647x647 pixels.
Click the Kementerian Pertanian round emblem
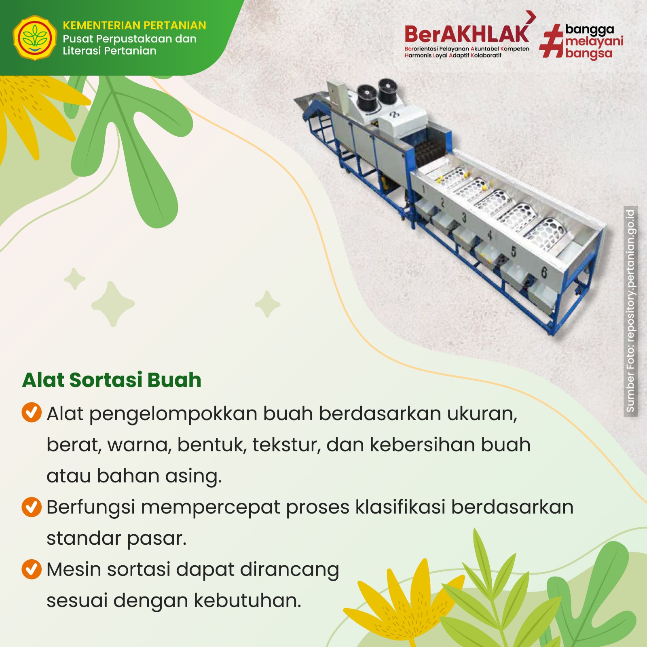click(x=35, y=38)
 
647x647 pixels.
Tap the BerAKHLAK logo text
click(x=467, y=34)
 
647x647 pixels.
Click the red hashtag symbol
click(x=552, y=41)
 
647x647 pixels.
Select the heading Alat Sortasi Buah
click(x=112, y=380)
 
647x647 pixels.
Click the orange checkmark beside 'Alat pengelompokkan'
click(x=32, y=412)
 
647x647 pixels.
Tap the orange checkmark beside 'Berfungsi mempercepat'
click(x=32, y=507)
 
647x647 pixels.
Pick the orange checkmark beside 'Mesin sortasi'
click(x=32, y=569)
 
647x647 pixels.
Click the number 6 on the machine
click(x=544, y=273)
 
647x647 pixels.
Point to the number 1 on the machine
click(x=423, y=189)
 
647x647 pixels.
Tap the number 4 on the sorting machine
click(x=490, y=235)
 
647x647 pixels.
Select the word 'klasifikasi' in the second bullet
click(x=400, y=507)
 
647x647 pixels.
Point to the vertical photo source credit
click(x=630, y=311)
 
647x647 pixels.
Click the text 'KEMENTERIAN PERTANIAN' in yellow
click(x=134, y=25)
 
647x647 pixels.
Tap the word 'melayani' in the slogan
click(x=594, y=41)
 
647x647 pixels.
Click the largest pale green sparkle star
click(x=113, y=304)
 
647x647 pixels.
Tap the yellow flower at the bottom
click(x=404, y=603)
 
